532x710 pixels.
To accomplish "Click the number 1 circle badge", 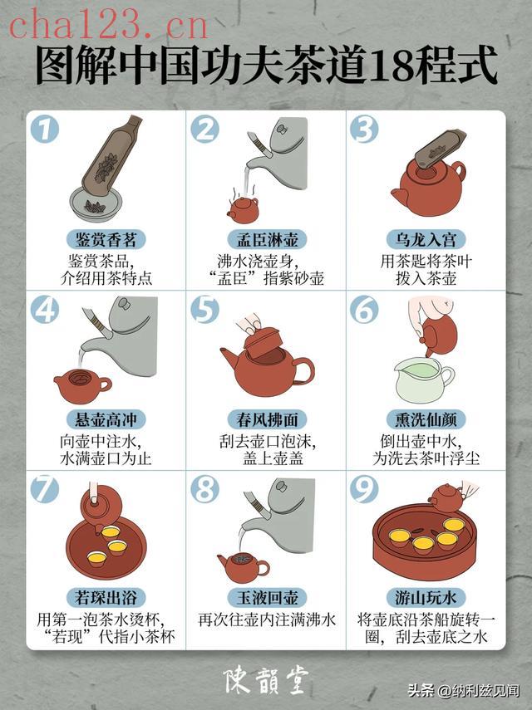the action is (45, 129).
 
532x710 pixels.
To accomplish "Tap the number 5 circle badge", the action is (204, 309).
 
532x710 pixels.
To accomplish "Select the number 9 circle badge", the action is (364, 489).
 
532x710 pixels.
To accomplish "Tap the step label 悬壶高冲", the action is (106, 419).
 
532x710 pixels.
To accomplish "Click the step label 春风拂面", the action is (267, 419).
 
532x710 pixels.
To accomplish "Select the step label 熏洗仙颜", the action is (426, 419).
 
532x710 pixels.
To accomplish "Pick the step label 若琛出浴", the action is (106, 598).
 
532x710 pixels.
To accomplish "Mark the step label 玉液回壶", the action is (267, 598).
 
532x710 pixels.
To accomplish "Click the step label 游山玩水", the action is (426, 598).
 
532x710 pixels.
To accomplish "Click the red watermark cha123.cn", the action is (108, 25).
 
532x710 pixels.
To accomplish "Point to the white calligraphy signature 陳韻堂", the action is (267, 680).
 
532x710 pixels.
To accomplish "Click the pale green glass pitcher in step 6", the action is (423, 379).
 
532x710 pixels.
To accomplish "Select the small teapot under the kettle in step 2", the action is (243, 211).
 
